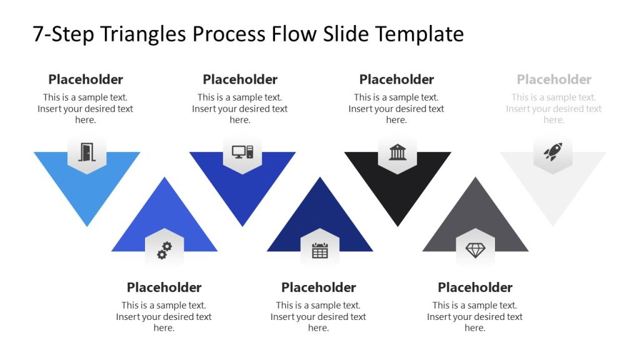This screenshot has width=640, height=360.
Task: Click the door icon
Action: point(86,152)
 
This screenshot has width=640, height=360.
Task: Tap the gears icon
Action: point(164,251)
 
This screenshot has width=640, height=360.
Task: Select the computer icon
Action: point(242,151)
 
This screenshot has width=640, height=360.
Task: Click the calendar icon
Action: point(320,251)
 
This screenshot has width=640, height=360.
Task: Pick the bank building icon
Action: point(397,152)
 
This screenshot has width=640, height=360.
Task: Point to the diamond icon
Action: point(476,251)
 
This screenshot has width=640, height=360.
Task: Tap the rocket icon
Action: point(553,152)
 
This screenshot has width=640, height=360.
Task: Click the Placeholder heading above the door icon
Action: point(86,79)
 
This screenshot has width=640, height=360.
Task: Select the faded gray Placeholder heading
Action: point(554,79)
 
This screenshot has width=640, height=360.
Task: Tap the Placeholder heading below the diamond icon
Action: point(475,287)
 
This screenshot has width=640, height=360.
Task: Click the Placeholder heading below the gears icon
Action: point(164,287)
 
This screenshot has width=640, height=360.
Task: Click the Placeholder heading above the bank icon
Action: point(397,79)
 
